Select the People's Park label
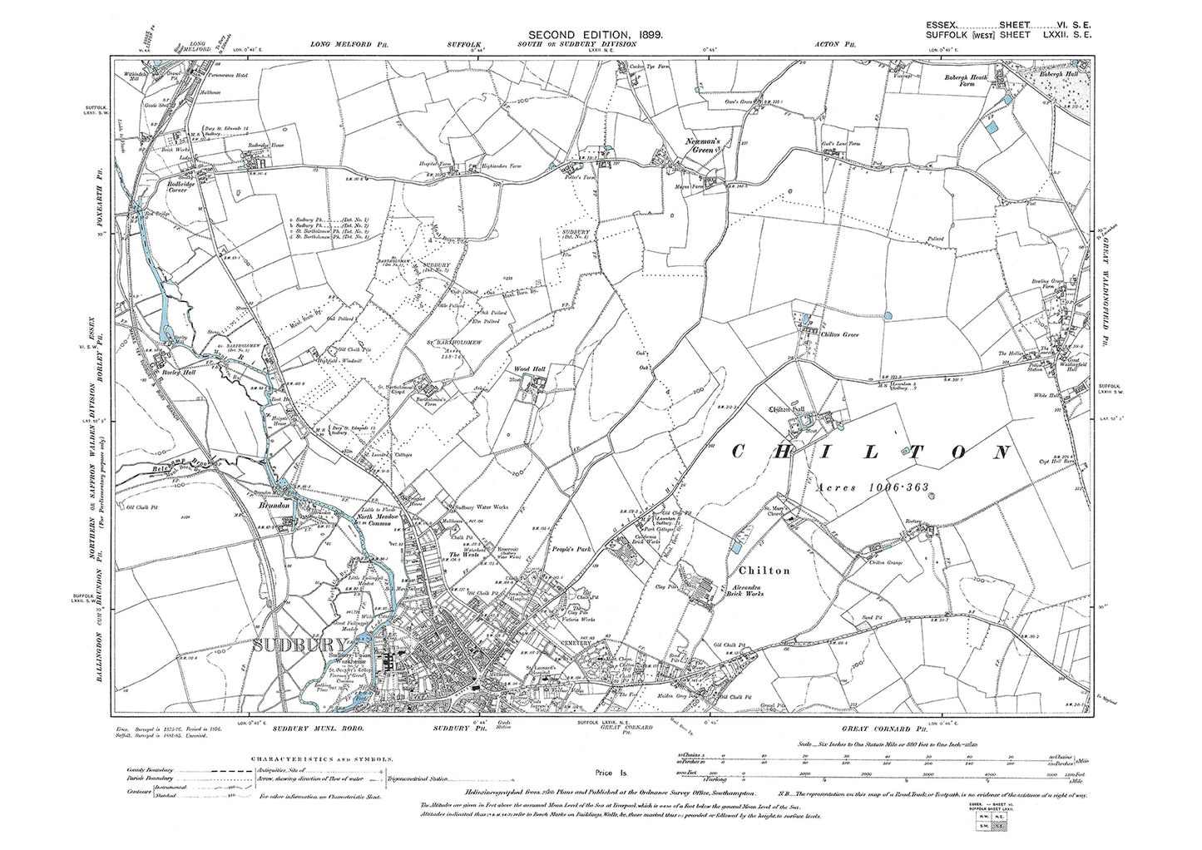[x=568, y=550]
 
